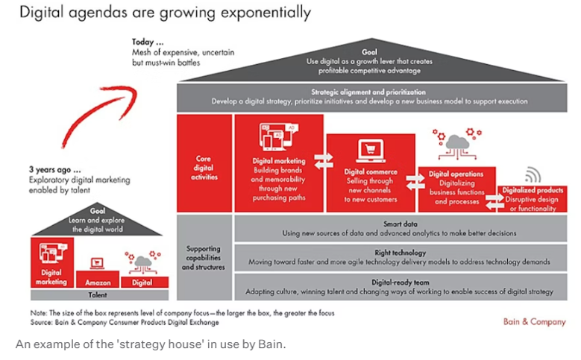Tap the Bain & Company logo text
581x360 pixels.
533,322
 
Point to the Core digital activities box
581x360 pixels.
204,168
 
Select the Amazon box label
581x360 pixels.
98,282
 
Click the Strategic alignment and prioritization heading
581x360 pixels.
368,91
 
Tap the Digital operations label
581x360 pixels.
456,174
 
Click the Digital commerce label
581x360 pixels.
371,172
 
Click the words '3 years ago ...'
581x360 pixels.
55,170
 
